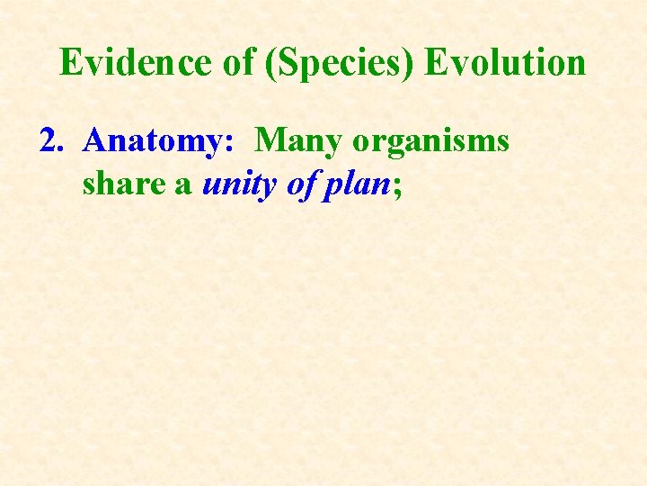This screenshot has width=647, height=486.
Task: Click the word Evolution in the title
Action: [x=505, y=63]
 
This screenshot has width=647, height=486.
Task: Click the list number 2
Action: [x=50, y=141]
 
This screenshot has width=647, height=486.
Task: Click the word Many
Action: [x=300, y=142]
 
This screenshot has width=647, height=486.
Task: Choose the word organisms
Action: [x=431, y=142]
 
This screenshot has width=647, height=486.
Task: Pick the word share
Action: [x=116, y=184]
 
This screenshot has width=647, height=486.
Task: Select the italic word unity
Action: [x=236, y=184]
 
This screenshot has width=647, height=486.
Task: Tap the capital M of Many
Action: [x=272, y=141]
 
